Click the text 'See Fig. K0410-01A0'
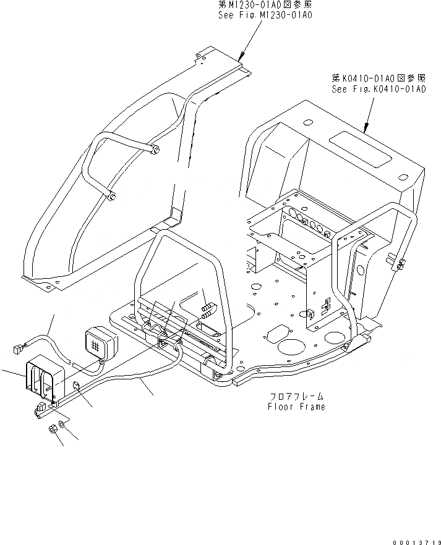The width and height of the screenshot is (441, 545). point(379,88)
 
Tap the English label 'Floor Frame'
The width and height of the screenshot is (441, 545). point(296,407)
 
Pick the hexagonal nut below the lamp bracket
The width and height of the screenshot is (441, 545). point(53,430)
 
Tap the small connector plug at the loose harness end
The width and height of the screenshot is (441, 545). point(17,350)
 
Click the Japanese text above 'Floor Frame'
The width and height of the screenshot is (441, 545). point(296,397)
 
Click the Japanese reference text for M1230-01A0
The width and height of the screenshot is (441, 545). point(265,4)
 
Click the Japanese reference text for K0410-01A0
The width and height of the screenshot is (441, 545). point(379,78)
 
